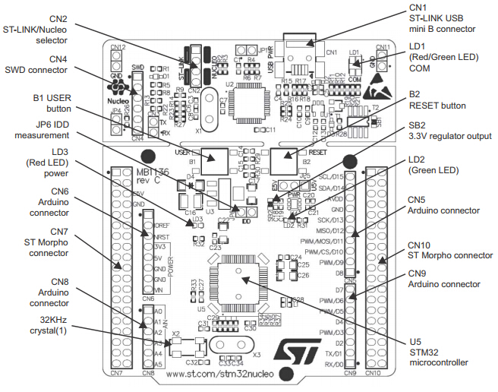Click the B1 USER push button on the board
213,160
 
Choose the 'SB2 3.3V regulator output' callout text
449,130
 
